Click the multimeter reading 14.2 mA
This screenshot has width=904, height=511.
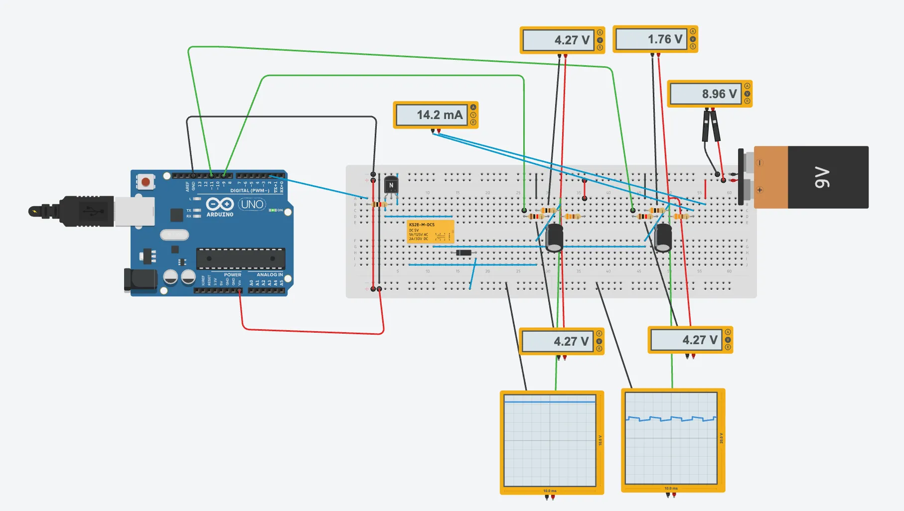click(436, 115)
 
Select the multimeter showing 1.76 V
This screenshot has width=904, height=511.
click(655, 39)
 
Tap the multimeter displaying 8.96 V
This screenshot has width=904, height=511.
click(709, 94)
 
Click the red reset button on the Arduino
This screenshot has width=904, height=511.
click(146, 182)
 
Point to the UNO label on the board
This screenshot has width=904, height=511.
click(252, 204)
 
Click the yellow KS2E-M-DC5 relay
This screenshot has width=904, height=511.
click(430, 232)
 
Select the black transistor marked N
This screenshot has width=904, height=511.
click(391, 185)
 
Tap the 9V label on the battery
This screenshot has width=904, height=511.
click(822, 178)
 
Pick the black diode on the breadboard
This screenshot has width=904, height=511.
click(464, 253)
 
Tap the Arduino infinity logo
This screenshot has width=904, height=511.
click(220, 204)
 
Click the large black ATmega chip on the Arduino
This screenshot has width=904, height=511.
click(241, 258)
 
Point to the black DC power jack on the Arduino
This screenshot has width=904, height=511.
click(140, 280)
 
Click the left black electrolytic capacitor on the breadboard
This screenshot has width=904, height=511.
click(554, 238)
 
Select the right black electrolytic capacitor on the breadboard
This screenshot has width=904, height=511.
click(663, 238)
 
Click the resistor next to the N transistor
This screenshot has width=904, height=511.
click(379, 204)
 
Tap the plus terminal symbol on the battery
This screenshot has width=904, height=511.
click(759, 190)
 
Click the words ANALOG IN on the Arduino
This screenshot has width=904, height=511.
click(270, 274)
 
